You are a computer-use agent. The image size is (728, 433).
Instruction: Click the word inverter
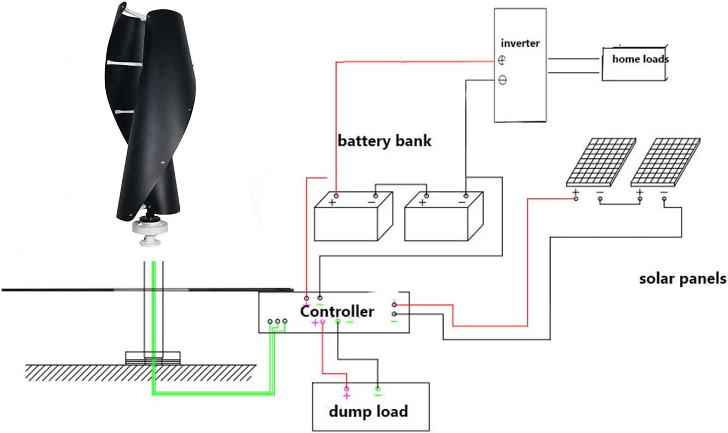[x=520, y=43]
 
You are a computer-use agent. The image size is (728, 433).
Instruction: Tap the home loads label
[x=640, y=59]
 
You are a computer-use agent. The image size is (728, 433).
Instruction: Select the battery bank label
[x=384, y=140]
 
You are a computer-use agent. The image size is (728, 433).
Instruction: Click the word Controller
[x=337, y=312]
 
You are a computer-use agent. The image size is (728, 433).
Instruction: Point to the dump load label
[x=368, y=411]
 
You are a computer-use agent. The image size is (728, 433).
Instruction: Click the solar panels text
[x=682, y=278]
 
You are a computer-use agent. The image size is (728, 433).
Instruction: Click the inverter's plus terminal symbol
[x=502, y=61]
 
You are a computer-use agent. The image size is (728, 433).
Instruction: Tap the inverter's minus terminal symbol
[x=502, y=81]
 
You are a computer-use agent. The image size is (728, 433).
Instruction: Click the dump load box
[x=371, y=407]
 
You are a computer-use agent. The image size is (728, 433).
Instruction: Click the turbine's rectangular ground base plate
[x=153, y=358]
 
